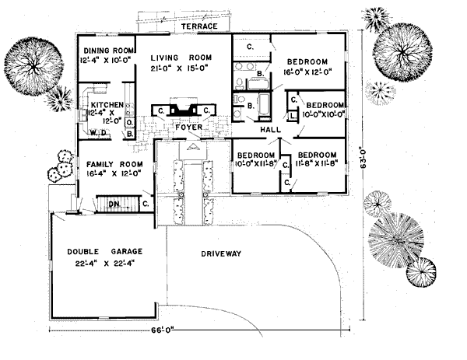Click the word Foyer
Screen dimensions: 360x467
point(188,126)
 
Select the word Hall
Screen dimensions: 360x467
point(269,130)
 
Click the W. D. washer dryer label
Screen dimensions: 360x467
point(99,133)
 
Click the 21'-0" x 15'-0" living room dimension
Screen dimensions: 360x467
point(181,68)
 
